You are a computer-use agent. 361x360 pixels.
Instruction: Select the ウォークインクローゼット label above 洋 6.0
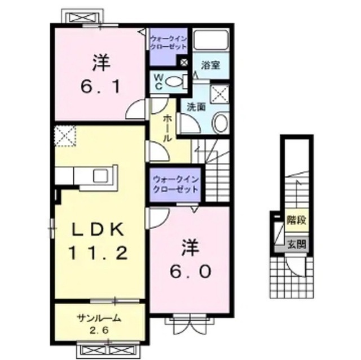(x=175, y=184)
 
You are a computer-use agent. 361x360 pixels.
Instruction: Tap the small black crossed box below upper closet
(x=183, y=63)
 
